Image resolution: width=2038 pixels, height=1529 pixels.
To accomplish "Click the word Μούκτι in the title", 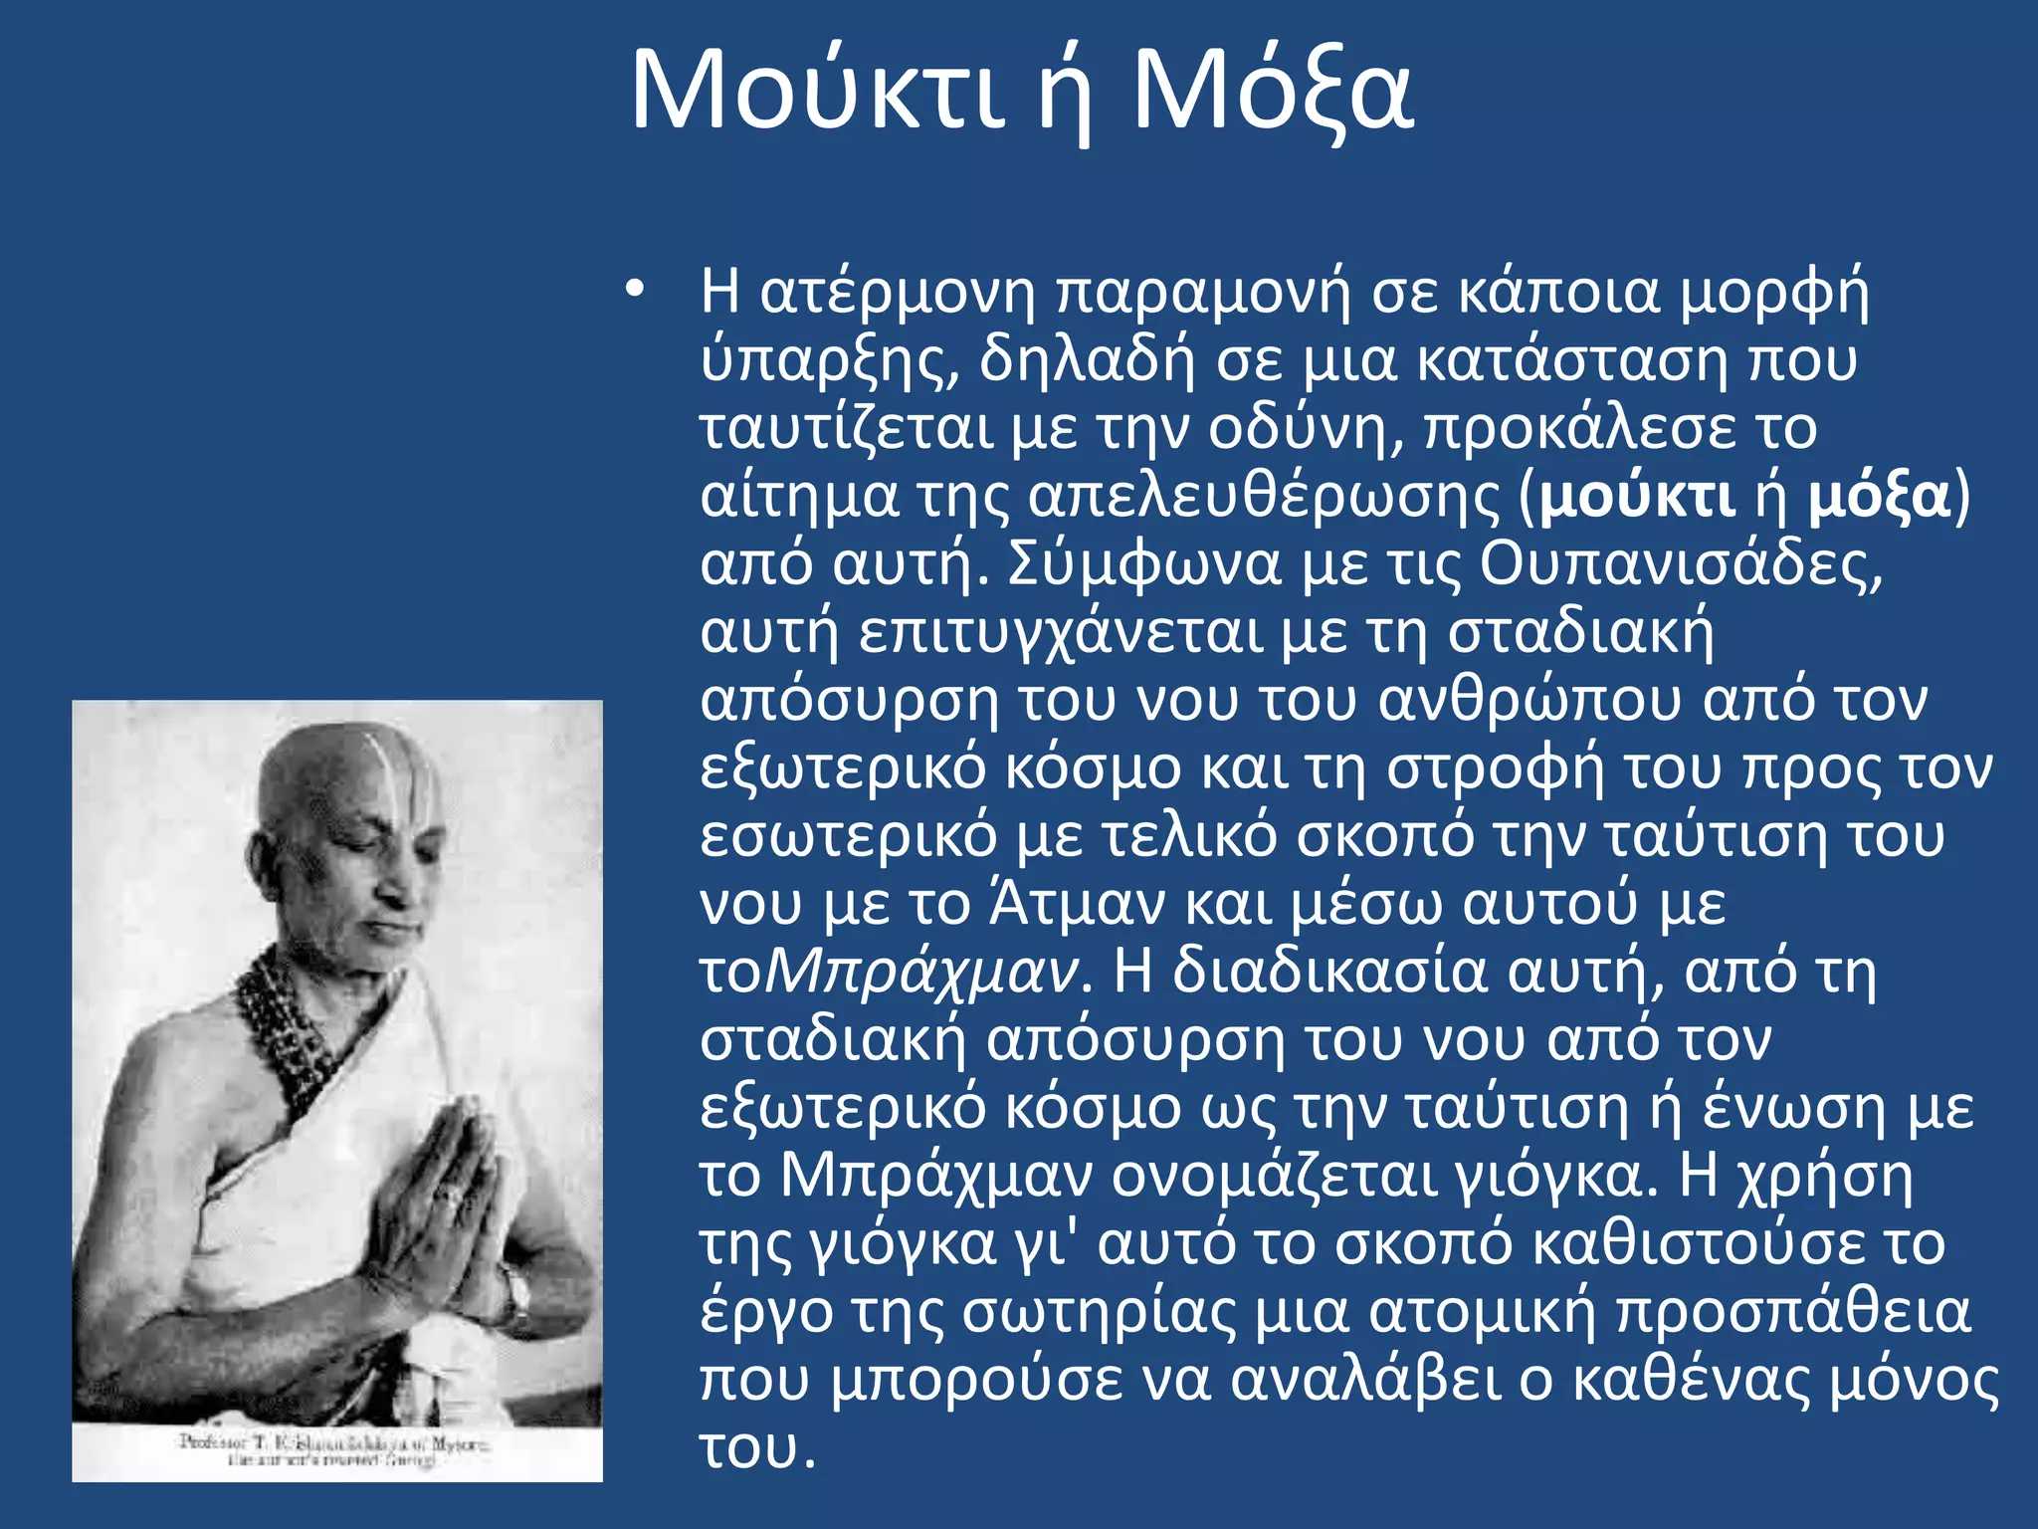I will [x=816, y=92].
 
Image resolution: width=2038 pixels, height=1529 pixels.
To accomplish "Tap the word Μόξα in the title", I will [x=1273, y=92].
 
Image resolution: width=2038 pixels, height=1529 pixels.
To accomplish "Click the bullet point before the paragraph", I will [x=635, y=291].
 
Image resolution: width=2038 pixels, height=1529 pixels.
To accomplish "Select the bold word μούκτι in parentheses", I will [x=1637, y=496].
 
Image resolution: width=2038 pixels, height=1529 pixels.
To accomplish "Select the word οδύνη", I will [x=1304, y=428].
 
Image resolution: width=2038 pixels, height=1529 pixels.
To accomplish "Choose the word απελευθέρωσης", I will [x=1263, y=496].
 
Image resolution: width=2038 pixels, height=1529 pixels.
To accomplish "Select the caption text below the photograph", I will [x=333, y=1450].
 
